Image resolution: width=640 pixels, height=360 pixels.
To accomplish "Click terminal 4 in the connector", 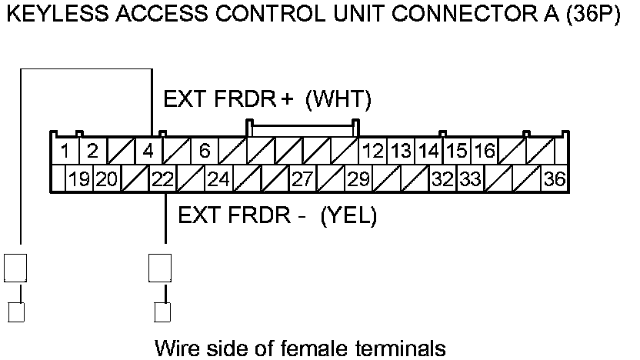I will coord(148,151).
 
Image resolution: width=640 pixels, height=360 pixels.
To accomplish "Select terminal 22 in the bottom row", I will coord(162,180).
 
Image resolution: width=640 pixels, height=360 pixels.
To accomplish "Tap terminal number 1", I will coord(66,151).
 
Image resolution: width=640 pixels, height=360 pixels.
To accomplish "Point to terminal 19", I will coord(78,180).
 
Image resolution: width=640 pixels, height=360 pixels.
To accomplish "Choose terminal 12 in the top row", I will coord(374,151).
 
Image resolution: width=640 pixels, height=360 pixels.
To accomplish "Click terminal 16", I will coord(484,151).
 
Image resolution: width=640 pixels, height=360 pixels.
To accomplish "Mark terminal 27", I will coord(302,180).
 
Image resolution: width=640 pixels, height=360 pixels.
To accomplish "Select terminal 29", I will coord(358,180).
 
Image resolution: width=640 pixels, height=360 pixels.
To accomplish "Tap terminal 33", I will coord(470,180).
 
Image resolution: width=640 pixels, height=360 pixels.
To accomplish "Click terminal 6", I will coord(205,151).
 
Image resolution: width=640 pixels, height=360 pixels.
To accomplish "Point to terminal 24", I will coord(218,180).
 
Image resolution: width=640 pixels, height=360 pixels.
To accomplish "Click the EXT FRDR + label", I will coord(228,100).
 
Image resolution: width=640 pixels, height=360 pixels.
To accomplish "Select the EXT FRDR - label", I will coord(242,216).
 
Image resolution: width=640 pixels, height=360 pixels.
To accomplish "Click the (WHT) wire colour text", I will coord(338,100).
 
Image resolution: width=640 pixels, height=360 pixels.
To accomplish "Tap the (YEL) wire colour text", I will coord(348,216).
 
